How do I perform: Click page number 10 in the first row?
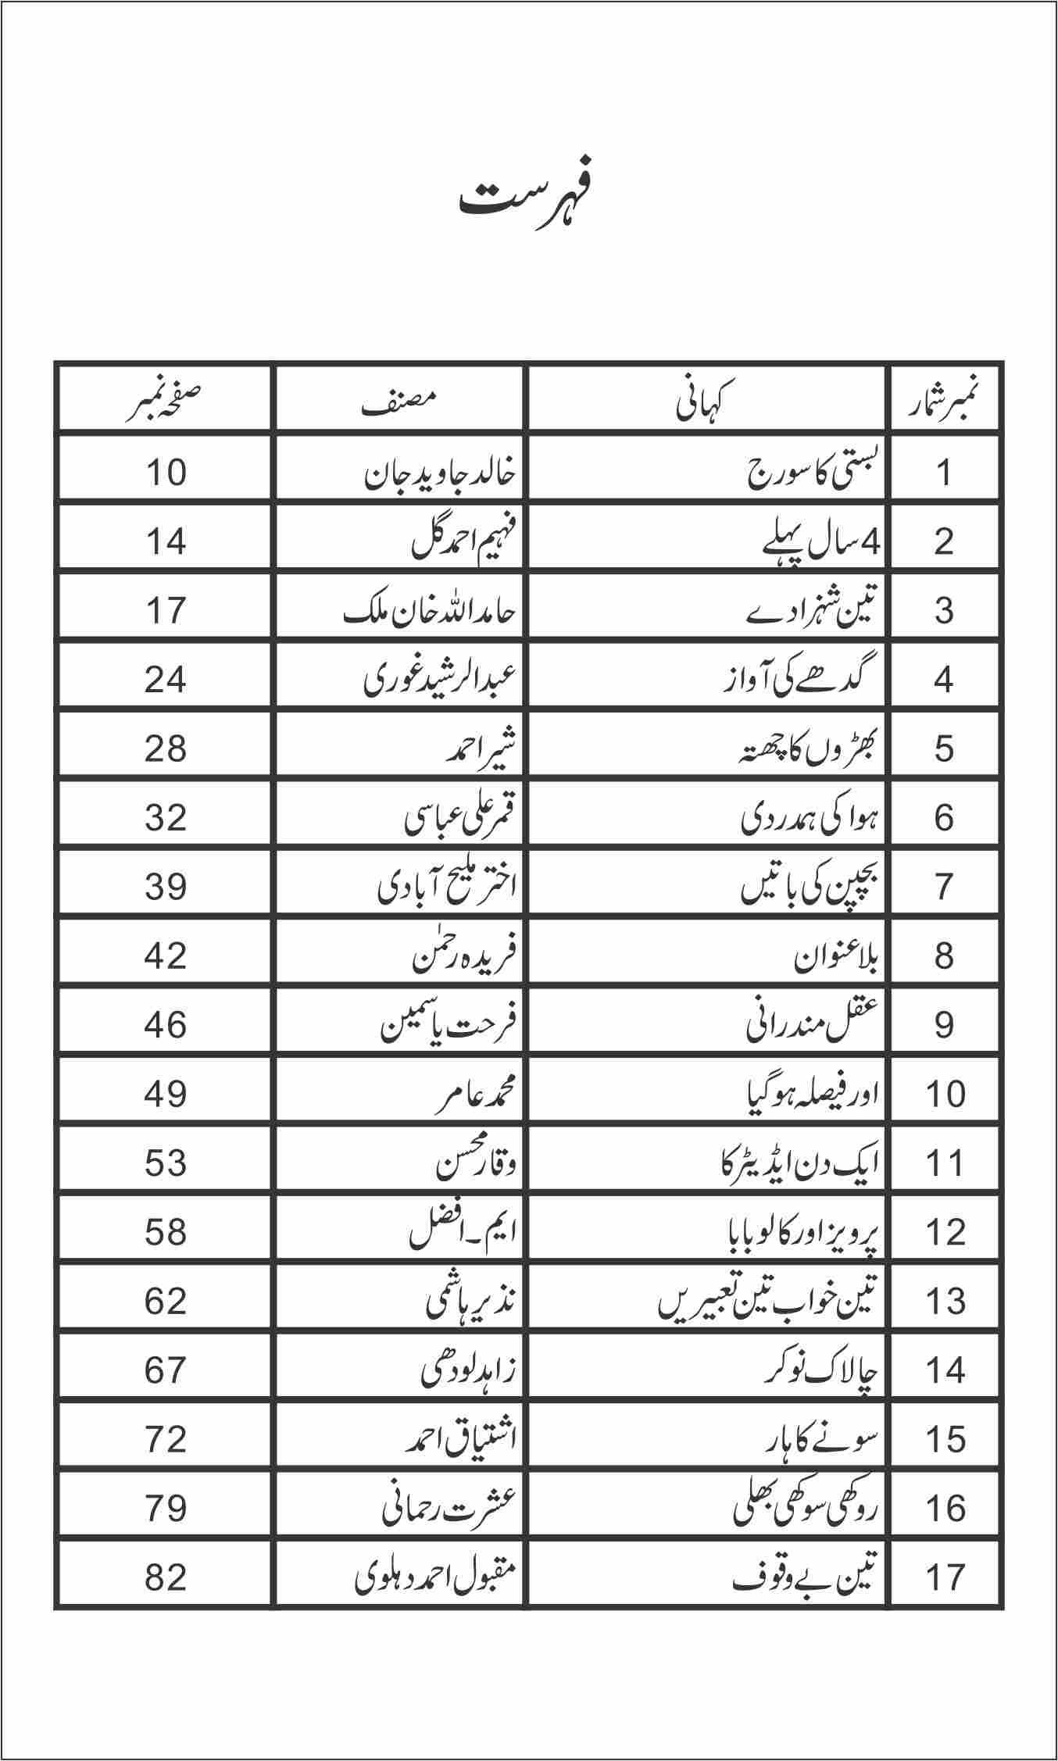coord(166,473)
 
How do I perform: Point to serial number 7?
coord(944,887)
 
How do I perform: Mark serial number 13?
coord(944,1301)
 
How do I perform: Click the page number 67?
coord(166,1370)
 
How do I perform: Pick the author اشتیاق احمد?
coord(460,1438)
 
